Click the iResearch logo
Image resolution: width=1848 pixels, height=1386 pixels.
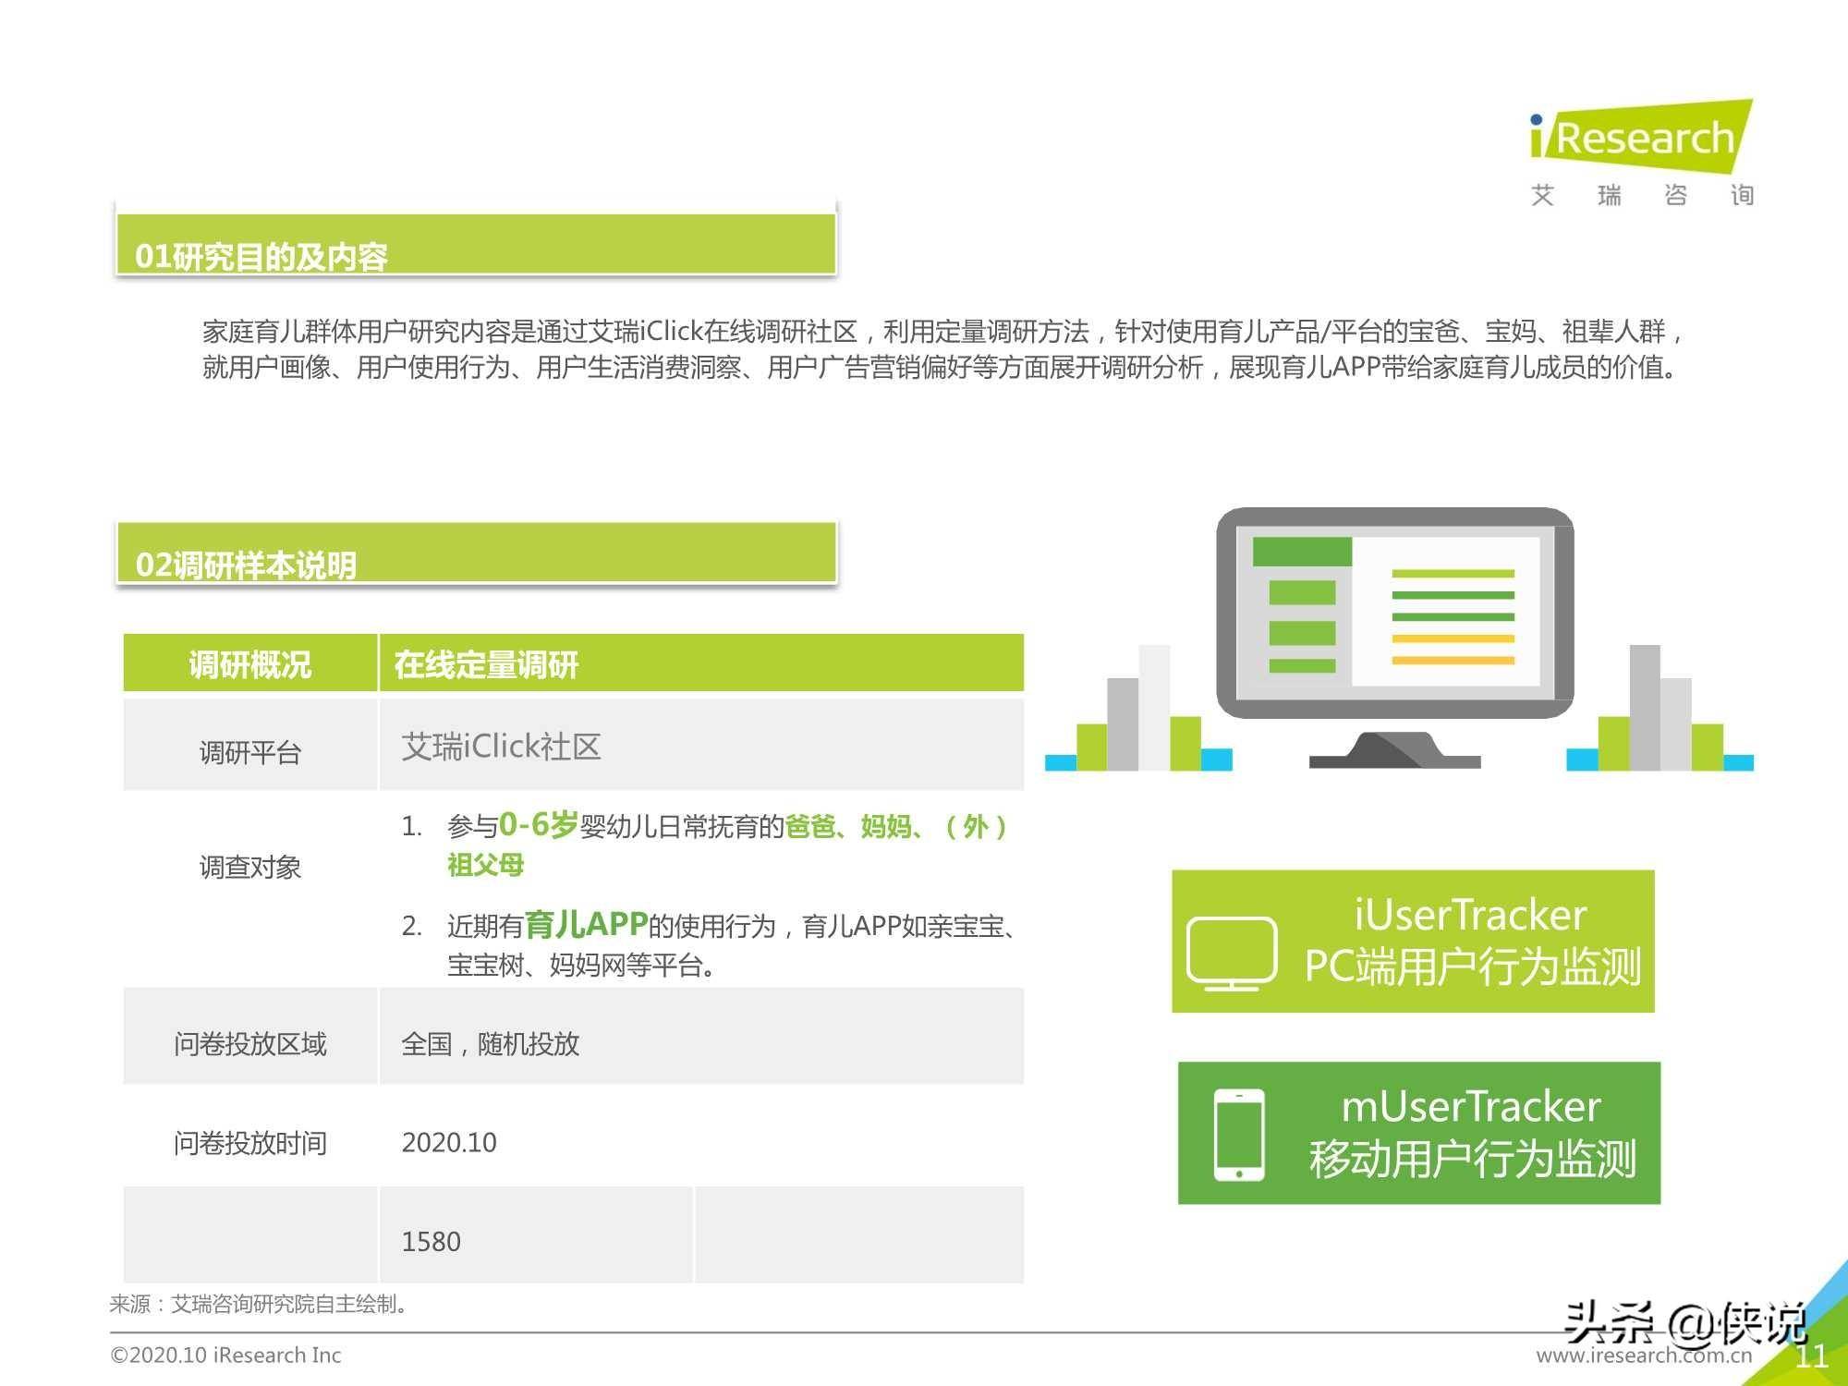[x=1642, y=153]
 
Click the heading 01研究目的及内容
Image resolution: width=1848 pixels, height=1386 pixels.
[x=261, y=257]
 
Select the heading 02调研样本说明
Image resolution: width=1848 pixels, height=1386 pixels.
[x=246, y=565]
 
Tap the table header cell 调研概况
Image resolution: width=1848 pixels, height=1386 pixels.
[x=250, y=664]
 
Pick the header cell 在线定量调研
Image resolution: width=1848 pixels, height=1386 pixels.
[x=486, y=664]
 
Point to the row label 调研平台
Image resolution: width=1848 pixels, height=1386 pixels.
[x=250, y=752]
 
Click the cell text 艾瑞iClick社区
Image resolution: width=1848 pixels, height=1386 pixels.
[x=501, y=747]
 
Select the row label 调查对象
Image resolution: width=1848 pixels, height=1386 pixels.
[x=250, y=867]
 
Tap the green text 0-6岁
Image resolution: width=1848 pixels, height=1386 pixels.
[x=538, y=824]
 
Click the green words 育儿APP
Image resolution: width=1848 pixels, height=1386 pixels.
[x=586, y=924]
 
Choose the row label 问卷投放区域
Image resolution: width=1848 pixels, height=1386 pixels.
[x=250, y=1044]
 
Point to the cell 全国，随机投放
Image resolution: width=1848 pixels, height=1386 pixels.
[x=490, y=1044]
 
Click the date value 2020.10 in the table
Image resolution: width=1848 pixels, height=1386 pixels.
[x=449, y=1143]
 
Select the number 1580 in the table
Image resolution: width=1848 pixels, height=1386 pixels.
[x=431, y=1242]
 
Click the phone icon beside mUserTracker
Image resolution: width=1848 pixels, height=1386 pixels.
[x=1239, y=1135]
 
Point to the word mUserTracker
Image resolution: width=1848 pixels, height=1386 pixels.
[x=1471, y=1106]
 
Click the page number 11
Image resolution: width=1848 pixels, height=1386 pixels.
[x=1811, y=1356]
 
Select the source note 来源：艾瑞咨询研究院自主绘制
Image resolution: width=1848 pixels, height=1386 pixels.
[x=259, y=1304]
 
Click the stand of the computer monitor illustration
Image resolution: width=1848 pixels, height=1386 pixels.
[x=1395, y=749]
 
